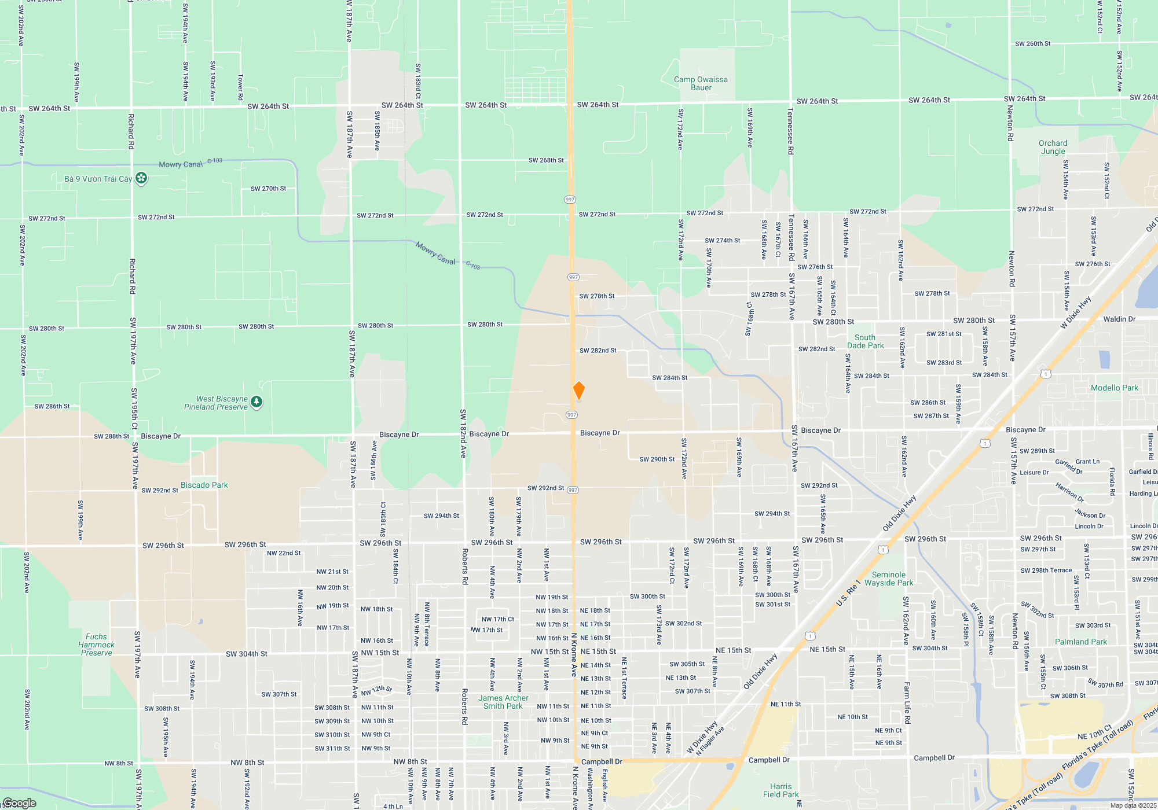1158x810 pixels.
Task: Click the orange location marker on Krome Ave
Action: point(578,390)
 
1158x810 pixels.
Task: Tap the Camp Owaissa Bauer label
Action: point(701,83)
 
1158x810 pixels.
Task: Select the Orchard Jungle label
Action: point(1053,147)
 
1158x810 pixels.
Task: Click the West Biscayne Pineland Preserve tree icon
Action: point(257,402)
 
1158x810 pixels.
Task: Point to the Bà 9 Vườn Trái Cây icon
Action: point(141,178)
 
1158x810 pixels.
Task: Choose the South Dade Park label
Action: point(865,341)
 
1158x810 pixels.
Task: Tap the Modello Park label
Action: point(1114,388)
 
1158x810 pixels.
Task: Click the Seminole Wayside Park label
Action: point(888,579)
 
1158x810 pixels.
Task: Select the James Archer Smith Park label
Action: point(503,702)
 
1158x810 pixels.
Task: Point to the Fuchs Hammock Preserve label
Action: point(96,645)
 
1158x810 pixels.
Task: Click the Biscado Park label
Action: point(204,485)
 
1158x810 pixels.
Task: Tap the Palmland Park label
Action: point(1080,642)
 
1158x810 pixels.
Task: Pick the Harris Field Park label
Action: point(780,790)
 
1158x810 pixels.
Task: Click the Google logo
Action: point(19,803)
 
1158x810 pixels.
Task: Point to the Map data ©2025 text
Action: point(1133,805)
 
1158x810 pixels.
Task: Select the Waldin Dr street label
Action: point(1119,319)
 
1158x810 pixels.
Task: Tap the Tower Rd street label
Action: point(241,87)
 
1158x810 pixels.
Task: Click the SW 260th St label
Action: point(1032,43)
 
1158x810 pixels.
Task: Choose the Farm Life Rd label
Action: point(907,703)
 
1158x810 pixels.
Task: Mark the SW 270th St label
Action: point(268,189)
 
